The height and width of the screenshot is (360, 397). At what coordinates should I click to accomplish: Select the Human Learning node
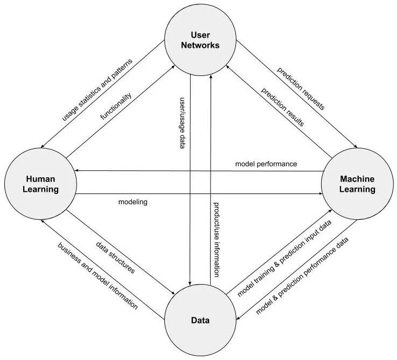pyautogui.click(x=39, y=184)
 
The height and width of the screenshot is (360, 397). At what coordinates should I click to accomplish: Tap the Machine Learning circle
pyautogui.click(x=357, y=184)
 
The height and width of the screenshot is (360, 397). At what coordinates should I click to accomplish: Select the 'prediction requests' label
pyautogui.click(x=300, y=89)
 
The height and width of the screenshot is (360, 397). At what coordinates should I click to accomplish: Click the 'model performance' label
pyautogui.click(x=266, y=163)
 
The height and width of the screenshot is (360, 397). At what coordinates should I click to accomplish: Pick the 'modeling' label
pyautogui.click(x=133, y=202)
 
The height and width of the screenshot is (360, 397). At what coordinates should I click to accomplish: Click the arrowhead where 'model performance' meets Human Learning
pyautogui.click(x=77, y=171)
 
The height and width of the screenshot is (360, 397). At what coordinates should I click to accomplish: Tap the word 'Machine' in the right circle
pyautogui.click(x=357, y=179)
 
